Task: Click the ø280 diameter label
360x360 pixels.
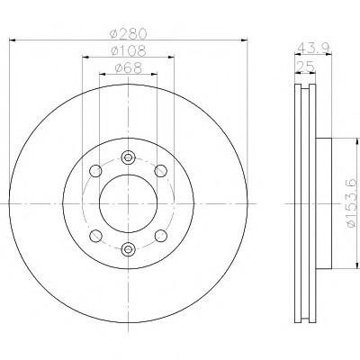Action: pyautogui.click(x=128, y=33)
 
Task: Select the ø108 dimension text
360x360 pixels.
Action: pyautogui.click(x=128, y=50)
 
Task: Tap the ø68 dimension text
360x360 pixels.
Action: pyautogui.click(x=128, y=68)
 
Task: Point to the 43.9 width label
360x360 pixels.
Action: pyautogui.click(x=313, y=48)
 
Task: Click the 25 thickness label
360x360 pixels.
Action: pyautogui.click(x=305, y=67)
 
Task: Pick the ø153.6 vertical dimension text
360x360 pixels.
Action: pyautogui.click(x=353, y=203)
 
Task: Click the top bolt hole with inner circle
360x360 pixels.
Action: pyautogui.click(x=129, y=157)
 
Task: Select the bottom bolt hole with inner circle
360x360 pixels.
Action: pyautogui.click(x=129, y=248)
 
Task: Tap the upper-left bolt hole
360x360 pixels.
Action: pyautogui.click(x=95, y=171)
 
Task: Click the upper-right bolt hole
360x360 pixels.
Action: pyautogui.click(x=161, y=171)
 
